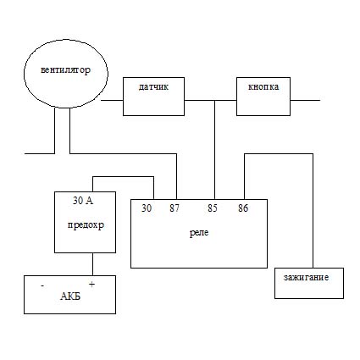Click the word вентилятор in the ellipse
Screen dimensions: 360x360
pos(65,69)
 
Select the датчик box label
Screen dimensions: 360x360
pos(153,86)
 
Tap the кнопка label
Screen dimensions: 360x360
pos(263,86)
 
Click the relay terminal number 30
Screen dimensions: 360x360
pos(147,208)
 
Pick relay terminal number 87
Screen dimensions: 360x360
pos(174,208)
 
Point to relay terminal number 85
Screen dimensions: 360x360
pos(213,208)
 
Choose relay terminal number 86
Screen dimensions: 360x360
pos(243,208)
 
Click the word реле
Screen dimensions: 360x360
pos(199,233)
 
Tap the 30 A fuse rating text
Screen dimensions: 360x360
pos(83,201)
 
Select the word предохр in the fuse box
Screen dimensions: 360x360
pos(86,225)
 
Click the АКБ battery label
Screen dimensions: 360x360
pos(70,296)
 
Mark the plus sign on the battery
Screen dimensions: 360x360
pos(91,285)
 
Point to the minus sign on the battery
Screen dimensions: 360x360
pos(42,286)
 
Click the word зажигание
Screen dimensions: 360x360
pos(306,278)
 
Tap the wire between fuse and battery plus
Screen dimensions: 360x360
pos(92,264)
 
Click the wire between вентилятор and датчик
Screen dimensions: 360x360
pos(112,100)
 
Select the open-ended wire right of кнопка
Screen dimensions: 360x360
pos(305,100)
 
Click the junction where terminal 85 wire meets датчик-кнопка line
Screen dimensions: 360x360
pos(215,100)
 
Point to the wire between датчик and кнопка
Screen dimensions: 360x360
pos(210,100)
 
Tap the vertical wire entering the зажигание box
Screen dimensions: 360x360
pos(313,211)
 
